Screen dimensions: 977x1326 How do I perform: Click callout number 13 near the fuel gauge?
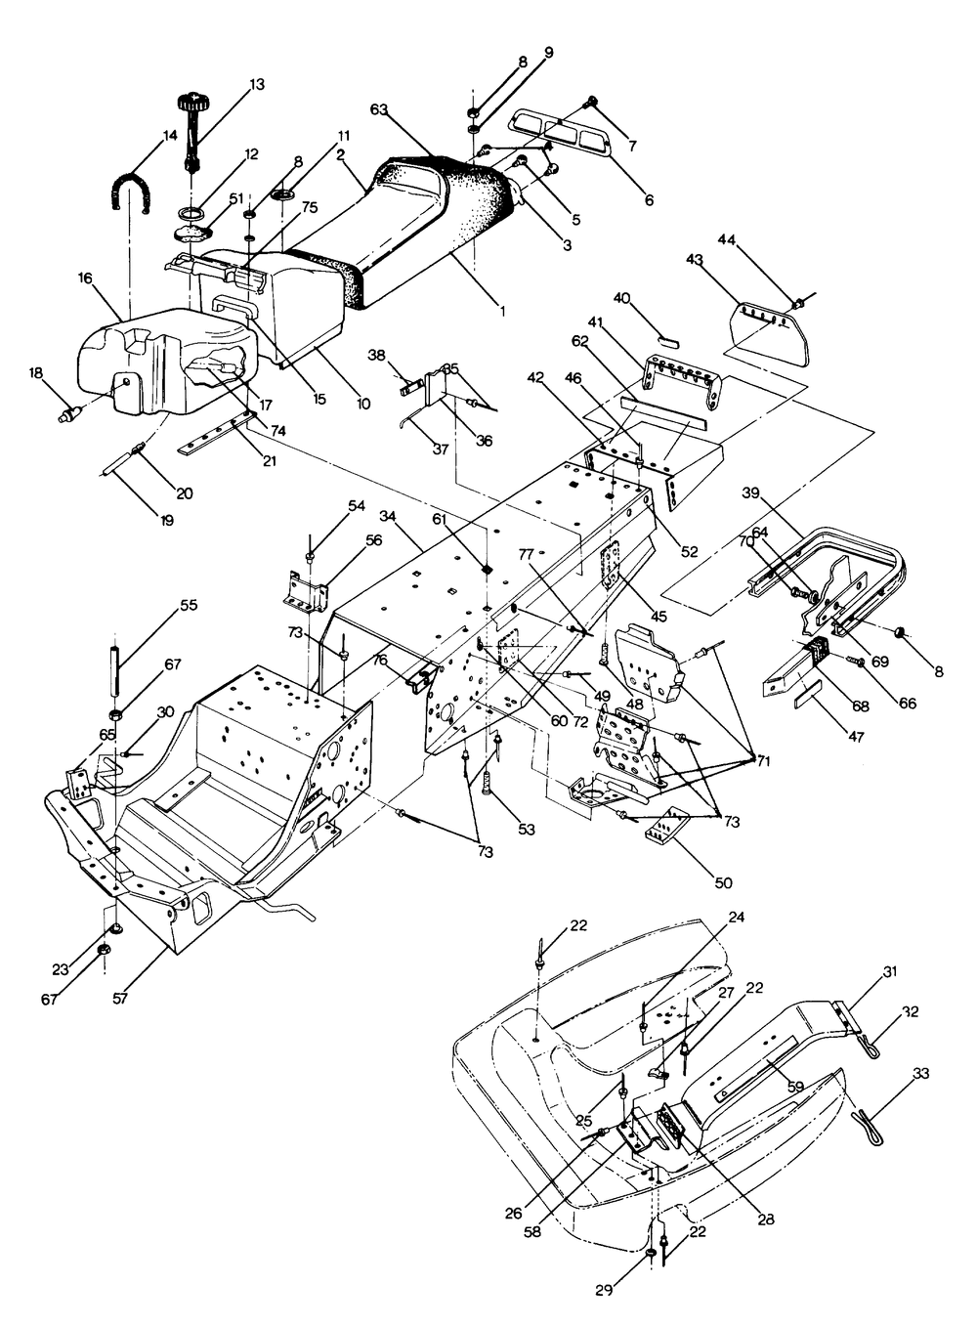257,84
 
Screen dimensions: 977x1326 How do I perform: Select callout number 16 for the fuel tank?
85,278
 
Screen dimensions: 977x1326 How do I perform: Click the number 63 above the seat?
379,109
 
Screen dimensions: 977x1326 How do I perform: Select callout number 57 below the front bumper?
121,998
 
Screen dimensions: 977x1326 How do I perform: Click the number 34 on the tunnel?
388,516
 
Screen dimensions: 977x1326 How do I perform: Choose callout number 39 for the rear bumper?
750,493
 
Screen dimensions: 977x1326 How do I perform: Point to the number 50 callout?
724,883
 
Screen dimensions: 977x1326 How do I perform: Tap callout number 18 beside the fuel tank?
35,372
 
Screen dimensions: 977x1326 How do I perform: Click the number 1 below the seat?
503,310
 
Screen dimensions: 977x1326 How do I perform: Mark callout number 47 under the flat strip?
856,737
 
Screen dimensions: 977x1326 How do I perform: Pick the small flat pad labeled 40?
669,342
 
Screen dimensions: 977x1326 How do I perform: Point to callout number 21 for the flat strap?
270,460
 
